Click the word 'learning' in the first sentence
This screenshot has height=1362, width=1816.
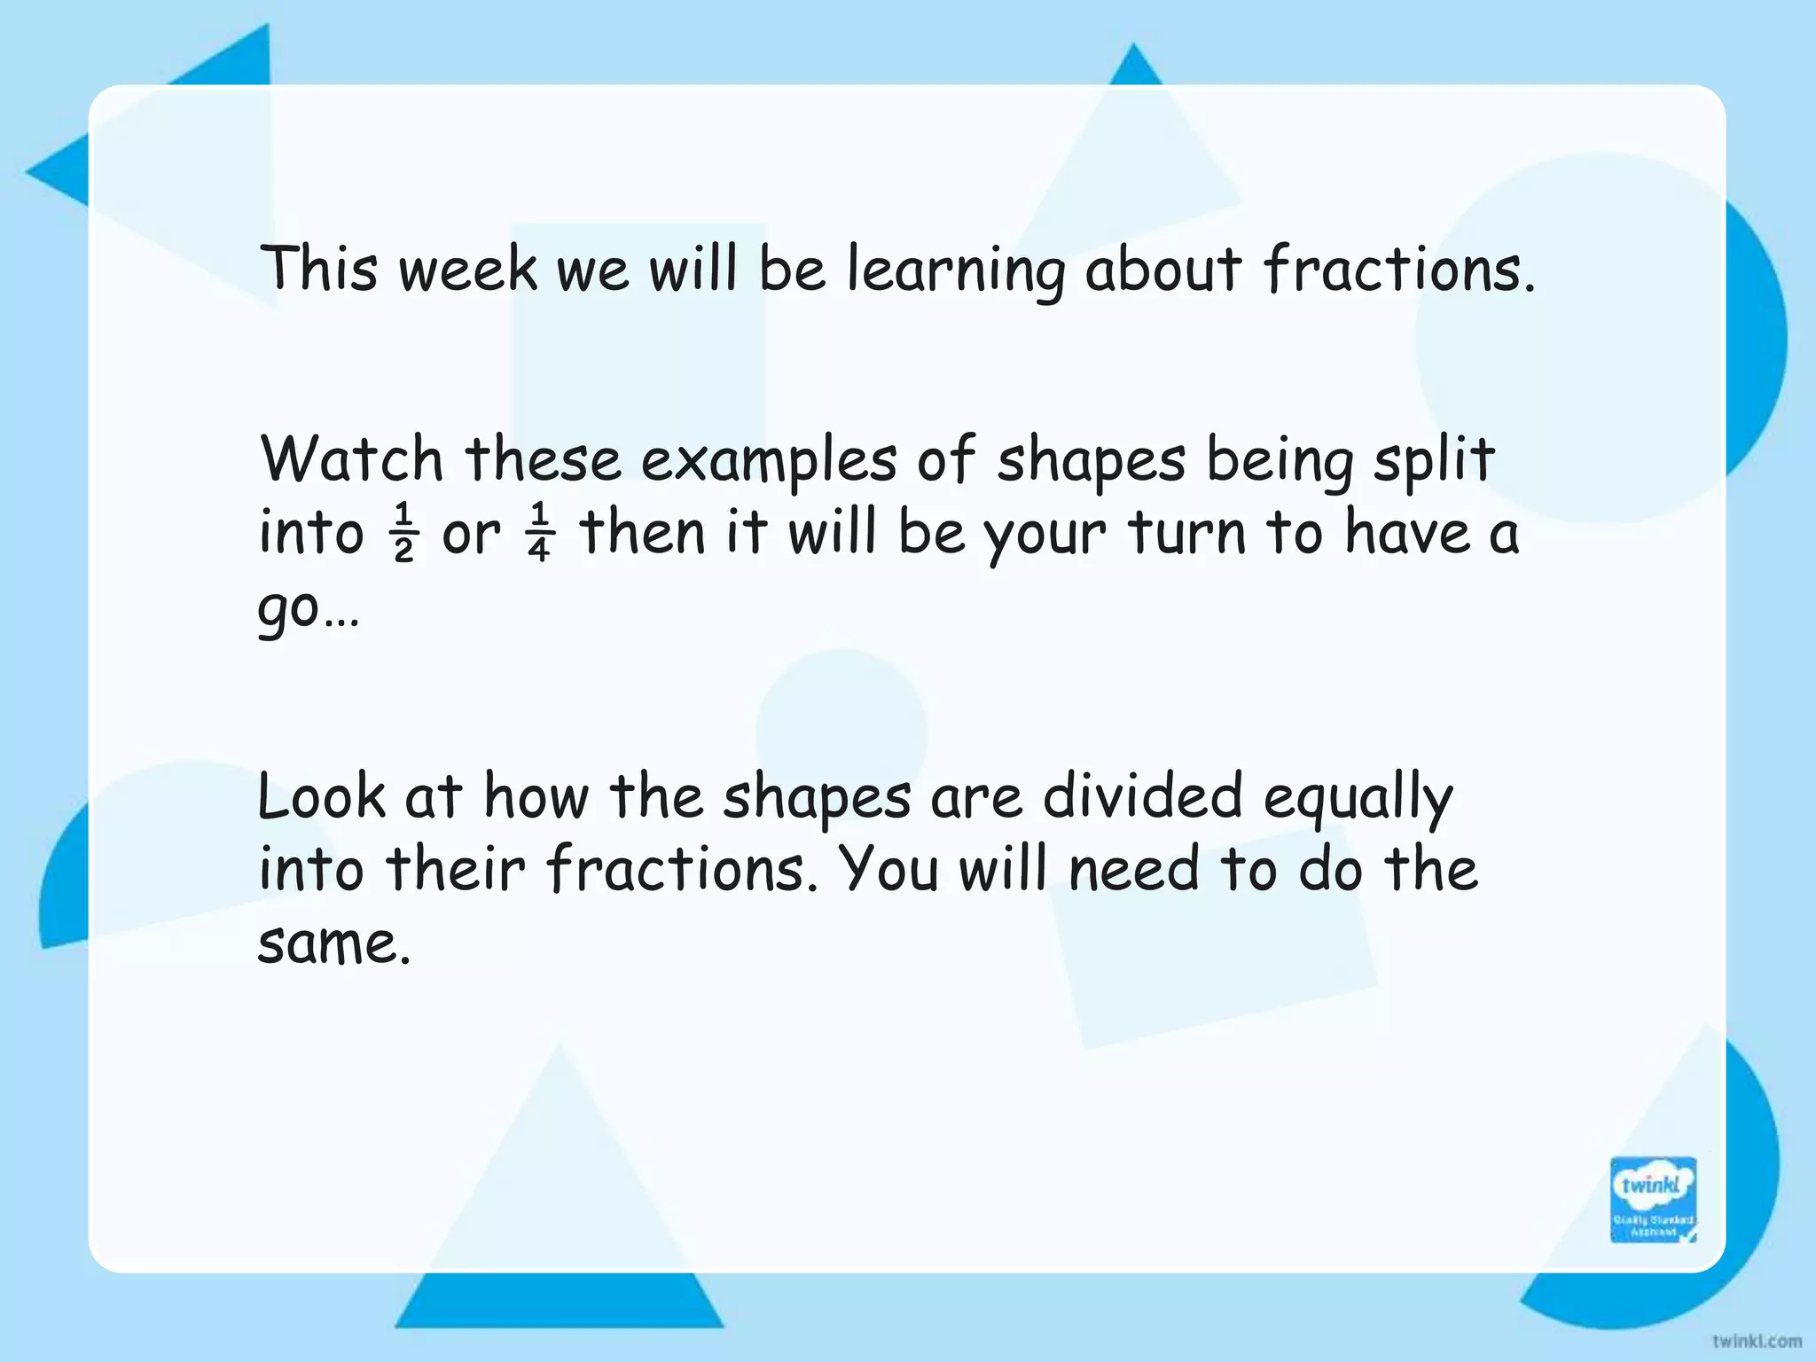click(x=955, y=270)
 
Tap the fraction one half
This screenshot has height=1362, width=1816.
click(x=403, y=533)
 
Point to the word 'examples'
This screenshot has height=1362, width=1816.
click(x=768, y=462)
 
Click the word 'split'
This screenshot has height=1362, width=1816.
click(x=1433, y=462)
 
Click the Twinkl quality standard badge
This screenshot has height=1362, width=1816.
click(x=1653, y=1199)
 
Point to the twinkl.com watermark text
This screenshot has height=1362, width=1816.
click(x=1757, y=1341)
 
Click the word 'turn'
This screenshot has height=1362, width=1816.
click(x=1187, y=534)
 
